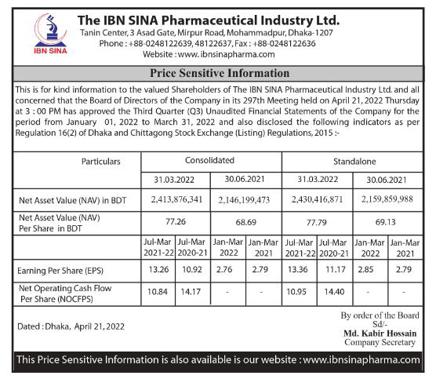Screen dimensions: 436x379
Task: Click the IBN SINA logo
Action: (x=50, y=34)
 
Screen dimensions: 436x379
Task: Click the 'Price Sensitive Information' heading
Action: (x=220, y=73)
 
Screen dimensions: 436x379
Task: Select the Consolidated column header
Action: (x=209, y=161)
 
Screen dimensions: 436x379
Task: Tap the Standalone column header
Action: (x=354, y=162)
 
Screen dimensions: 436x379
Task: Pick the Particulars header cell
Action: (x=101, y=162)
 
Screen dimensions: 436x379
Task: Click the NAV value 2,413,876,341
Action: (x=176, y=200)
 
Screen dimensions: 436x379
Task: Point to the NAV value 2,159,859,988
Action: (x=387, y=199)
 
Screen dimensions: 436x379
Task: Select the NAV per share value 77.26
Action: (x=176, y=222)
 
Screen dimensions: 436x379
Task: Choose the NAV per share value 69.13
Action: (x=385, y=222)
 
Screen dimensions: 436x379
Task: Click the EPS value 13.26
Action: (x=158, y=270)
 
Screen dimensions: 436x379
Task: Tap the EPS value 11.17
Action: (x=336, y=270)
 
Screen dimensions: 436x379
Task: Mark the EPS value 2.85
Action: (x=365, y=270)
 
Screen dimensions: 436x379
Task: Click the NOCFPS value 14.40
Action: (x=334, y=292)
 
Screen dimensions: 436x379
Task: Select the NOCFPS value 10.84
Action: (x=158, y=292)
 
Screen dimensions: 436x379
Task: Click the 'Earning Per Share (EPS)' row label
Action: (x=60, y=271)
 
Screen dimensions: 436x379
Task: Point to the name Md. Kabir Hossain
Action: (x=380, y=333)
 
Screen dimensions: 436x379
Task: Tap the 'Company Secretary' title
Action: (x=380, y=342)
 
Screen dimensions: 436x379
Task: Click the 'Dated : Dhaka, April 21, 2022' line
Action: (x=71, y=326)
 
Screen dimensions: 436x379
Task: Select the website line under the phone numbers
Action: (x=209, y=54)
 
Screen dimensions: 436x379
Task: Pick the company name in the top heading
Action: (x=209, y=20)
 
